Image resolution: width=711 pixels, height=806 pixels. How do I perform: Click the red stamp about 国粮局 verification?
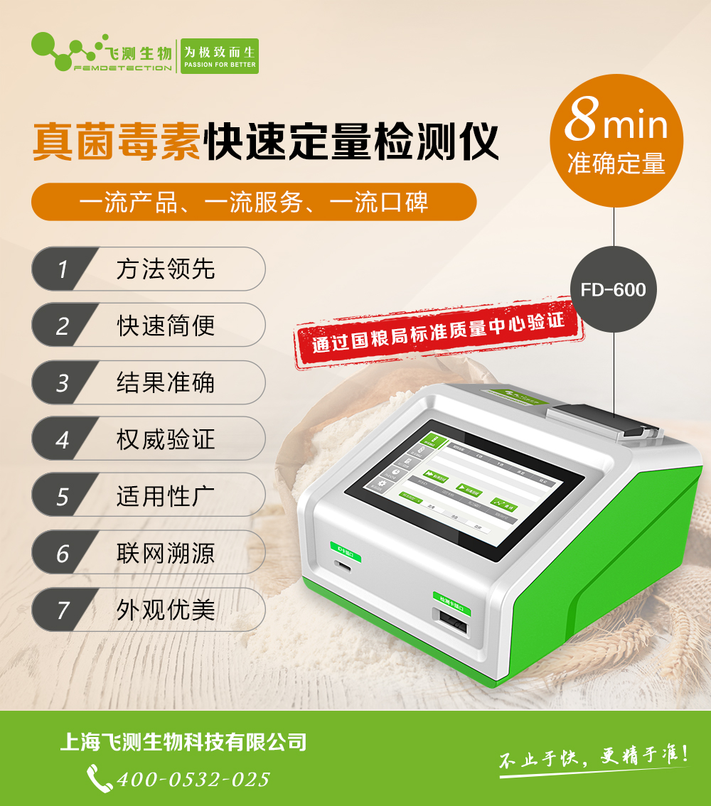click(438, 332)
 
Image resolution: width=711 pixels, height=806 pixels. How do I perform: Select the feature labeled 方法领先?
click(166, 269)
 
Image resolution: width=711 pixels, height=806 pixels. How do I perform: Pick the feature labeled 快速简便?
click(166, 326)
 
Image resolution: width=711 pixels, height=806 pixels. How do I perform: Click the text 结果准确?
click(166, 383)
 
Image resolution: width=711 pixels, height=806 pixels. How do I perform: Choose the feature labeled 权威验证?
click(166, 439)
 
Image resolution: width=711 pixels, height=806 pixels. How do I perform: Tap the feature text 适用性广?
click(166, 496)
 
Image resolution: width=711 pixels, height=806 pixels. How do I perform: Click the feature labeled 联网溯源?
click(166, 553)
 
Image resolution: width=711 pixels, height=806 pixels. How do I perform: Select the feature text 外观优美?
click(166, 610)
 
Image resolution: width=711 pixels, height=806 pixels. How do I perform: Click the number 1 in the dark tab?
click(63, 269)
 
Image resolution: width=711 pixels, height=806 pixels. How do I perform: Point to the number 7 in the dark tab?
click(63, 610)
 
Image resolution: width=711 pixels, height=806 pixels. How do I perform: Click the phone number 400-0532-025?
click(193, 779)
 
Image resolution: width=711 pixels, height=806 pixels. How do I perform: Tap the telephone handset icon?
click(99, 778)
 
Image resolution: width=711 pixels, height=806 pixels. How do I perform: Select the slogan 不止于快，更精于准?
click(593, 758)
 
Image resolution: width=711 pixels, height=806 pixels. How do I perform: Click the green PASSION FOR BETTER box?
click(220, 56)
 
